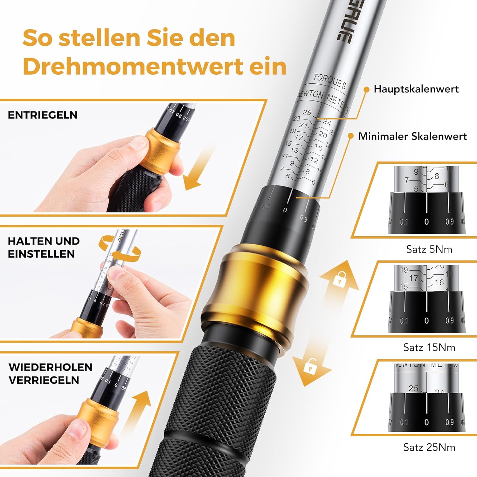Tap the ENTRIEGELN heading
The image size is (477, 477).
pyautogui.click(x=43, y=115)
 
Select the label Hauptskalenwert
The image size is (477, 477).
pyautogui.click(x=416, y=89)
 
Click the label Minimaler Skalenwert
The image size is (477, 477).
pyautogui.click(x=412, y=136)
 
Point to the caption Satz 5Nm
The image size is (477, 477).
pyautogui.click(x=429, y=249)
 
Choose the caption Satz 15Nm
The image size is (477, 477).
pyautogui.click(x=429, y=347)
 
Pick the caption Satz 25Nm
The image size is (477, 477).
pyautogui.click(x=429, y=447)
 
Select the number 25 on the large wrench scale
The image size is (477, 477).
pyautogui.click(x=307, y=113)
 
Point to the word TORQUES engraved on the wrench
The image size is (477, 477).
pyautogui.click(x=329, y=81)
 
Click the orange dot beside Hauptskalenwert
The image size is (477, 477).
pyautogui.click(x=366, y=90)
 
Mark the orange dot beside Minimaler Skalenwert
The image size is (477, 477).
pyautogui.click(x=350, y=136)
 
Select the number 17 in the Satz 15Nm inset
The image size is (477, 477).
pyautogui.click(x=413, y=278)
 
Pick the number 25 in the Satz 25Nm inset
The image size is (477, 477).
pyautogui.click(x=413, y=388)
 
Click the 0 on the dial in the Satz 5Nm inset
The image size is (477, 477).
pyautogui.click(x=426, y=222)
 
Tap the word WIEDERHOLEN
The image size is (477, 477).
pyautogui.click(x=50, y=367)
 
